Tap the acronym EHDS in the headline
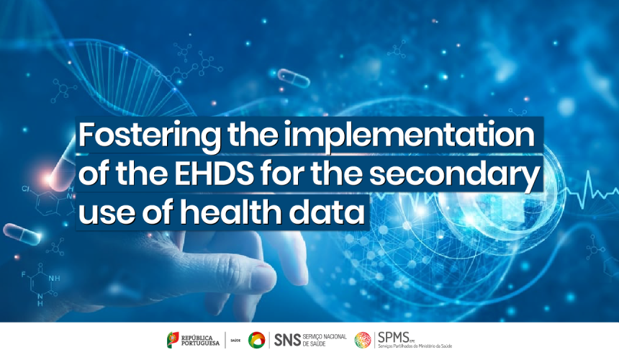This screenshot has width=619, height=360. coord(214,174)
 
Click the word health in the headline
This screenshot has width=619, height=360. coord(230,212)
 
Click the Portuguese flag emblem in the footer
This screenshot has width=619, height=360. coord(173,340)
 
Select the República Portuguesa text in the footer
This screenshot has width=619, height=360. coord(200,341)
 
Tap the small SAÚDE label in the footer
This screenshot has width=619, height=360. coord(235,340)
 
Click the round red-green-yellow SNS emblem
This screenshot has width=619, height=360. coord(257,340)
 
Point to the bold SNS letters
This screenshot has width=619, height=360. coord(287,340)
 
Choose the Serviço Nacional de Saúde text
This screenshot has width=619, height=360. coord(325,340)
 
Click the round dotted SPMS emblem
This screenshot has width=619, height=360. coord(363,340)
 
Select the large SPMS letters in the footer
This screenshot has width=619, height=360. coord(393,338)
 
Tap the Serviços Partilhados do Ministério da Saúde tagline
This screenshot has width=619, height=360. coord(415,346)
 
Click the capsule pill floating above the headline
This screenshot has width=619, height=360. coord(294,78)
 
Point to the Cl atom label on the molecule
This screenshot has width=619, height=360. coord(26,189)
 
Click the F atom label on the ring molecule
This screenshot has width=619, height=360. coord(24,274)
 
